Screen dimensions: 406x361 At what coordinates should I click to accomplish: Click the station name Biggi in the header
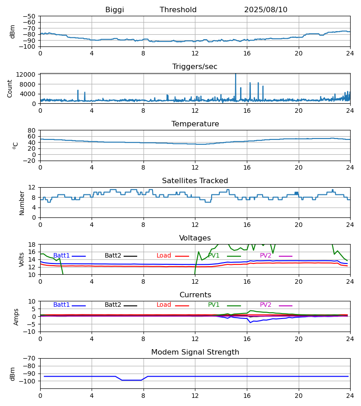pos(115,10)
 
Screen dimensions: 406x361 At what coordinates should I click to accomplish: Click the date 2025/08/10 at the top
pos(266,10)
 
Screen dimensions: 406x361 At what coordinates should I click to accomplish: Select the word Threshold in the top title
pos(178,10)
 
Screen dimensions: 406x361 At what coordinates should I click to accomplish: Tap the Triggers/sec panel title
pos(195,67)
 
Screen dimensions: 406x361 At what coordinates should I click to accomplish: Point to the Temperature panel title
pos(195,124)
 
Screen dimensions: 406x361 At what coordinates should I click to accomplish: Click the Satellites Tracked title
pos(195,181)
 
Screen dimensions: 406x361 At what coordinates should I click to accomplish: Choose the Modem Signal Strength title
pos(195,352)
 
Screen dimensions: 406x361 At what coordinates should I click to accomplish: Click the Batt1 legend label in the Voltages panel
pos(61,256)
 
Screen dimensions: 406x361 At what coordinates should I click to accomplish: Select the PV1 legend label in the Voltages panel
pos(214,256)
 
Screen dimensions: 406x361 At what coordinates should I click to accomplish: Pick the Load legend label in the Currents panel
pos(164,305)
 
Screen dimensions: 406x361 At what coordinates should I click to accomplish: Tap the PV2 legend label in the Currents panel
pos(266,305)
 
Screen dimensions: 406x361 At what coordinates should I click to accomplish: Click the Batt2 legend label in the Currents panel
pos(113,305)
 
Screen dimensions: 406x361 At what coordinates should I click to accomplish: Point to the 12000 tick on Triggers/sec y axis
pos(28,74)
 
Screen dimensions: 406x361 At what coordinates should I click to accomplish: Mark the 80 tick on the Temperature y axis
pos(32,130)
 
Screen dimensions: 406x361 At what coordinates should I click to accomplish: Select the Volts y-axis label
pos(22,259)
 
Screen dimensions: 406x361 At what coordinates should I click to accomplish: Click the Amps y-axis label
pos(16,317)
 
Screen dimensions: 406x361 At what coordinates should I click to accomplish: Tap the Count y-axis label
pos(10,88)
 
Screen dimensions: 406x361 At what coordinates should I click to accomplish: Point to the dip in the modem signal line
pos(131,380)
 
